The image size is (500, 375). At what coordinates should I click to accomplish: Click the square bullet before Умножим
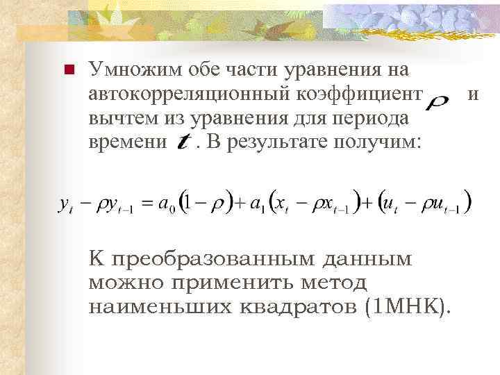68,69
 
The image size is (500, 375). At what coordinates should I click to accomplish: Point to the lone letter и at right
474,94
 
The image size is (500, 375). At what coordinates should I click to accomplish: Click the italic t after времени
184,143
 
